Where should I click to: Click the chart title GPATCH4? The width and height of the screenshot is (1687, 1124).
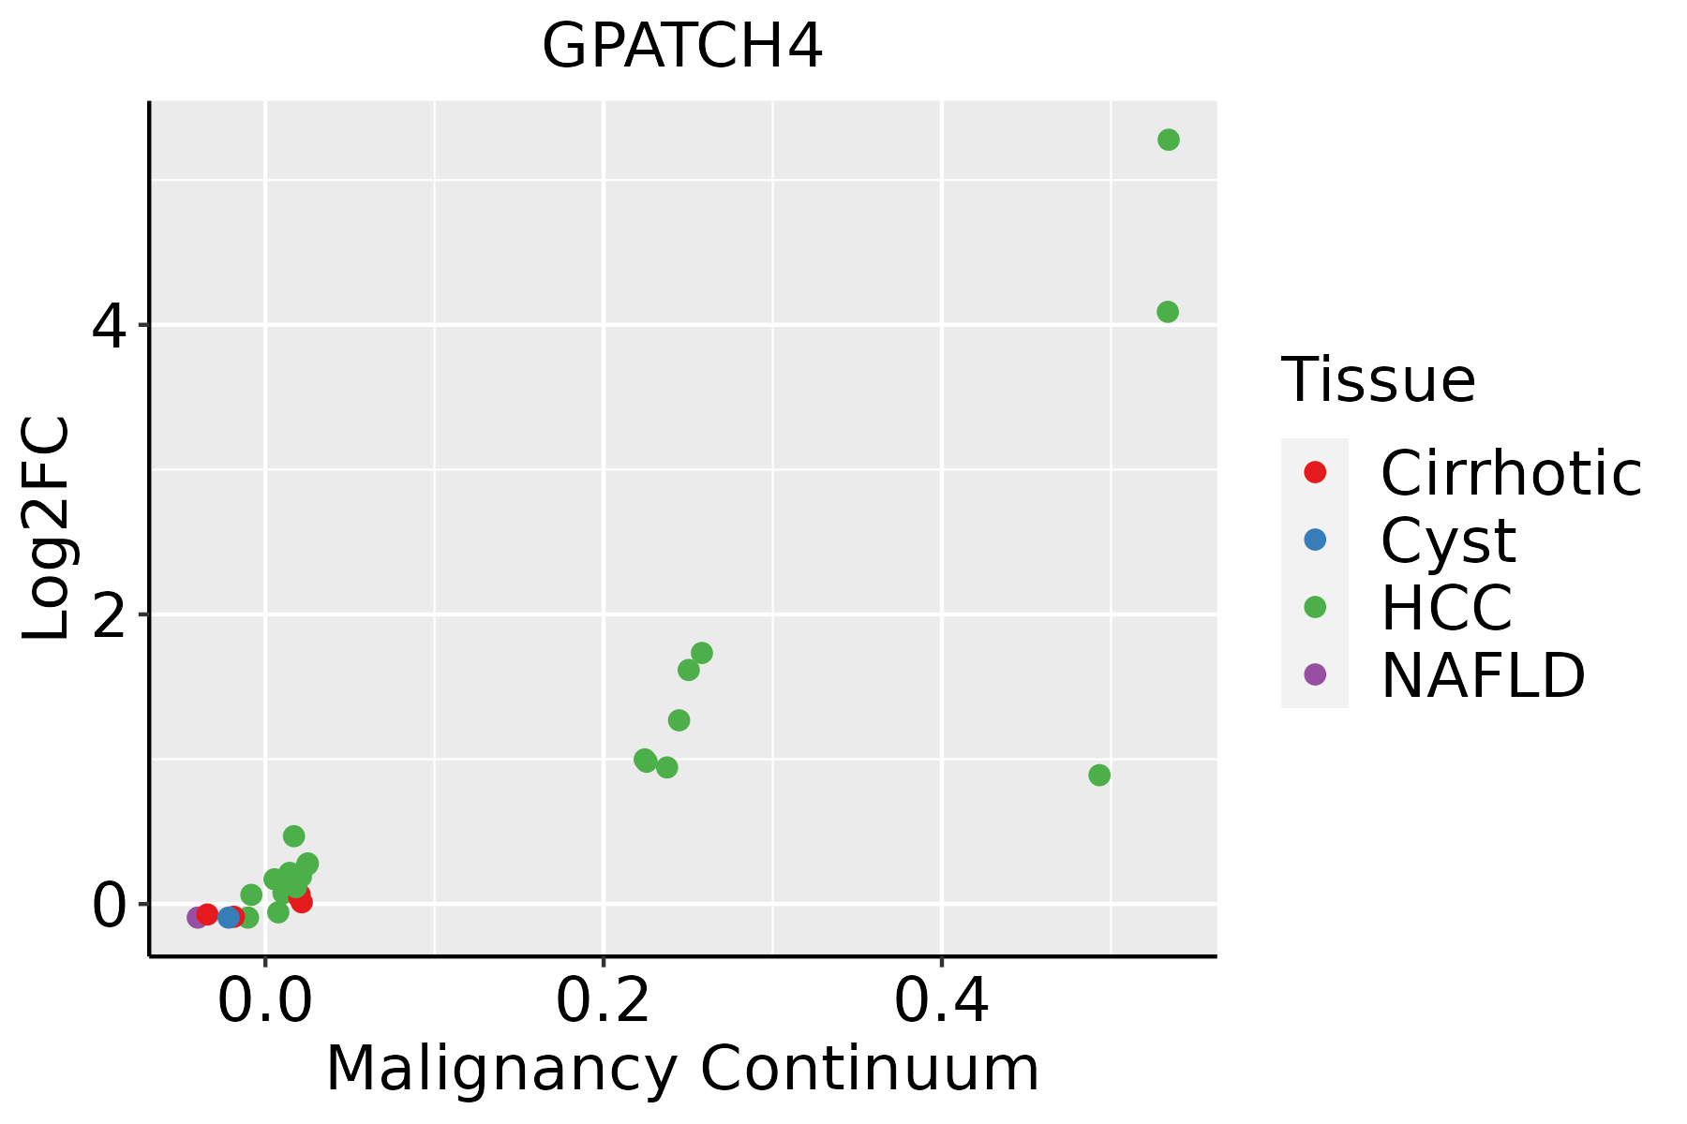coord(682,47)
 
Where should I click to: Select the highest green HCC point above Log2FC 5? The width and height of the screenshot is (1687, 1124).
coord(1168,140)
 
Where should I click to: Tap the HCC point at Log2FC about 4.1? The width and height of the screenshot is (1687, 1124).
coord(1167,312)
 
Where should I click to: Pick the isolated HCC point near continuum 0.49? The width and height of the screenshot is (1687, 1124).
coord(1099,775)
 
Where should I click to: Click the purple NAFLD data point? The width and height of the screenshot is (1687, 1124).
coord(197,917)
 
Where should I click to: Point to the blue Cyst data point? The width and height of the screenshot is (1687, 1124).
coord(229,917)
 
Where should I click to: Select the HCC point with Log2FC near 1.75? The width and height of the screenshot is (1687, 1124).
coord(701,653)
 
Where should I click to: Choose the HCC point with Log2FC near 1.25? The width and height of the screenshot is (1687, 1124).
coord(679,720)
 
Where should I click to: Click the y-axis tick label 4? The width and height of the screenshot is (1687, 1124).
coord(109,327)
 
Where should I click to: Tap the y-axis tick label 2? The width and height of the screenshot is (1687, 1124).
coord(109,615)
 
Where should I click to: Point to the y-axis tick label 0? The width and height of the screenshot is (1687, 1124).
coord(109,905)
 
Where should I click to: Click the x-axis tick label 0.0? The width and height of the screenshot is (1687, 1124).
coord(265,1003)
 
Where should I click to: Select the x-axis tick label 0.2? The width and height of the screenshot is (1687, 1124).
coord(604,1003)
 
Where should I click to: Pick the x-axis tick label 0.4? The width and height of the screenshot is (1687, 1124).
coord(941,1003)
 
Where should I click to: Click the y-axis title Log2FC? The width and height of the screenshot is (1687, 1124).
coord(47,529)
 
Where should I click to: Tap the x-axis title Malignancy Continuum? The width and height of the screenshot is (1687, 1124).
coord(682,1070)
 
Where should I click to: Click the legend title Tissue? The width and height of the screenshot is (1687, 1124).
coord(1378,380)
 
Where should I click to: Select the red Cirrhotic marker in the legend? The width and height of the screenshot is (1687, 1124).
coord(1315,472)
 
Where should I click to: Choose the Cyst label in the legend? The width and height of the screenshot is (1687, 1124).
coord(1448,540)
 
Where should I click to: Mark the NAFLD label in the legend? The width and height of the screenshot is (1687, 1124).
coord(1483,675)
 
